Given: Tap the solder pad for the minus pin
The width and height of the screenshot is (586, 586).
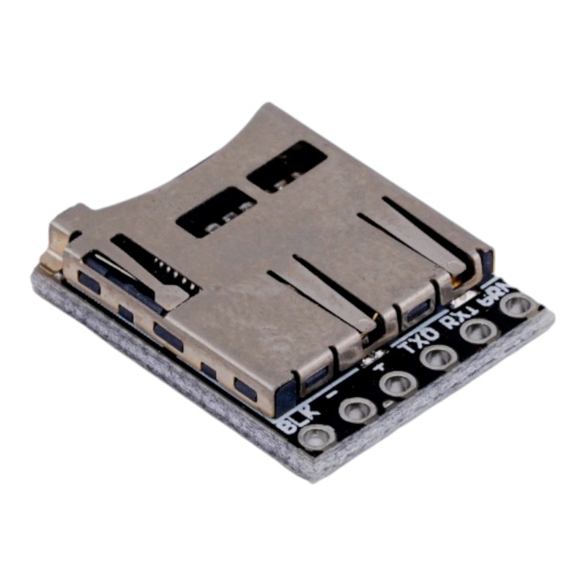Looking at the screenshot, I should click(x=357, y=410).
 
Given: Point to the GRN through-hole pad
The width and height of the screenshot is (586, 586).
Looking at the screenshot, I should click(x=518, y=305).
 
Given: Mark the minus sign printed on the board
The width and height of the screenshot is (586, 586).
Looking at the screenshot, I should click(x=338, y=393).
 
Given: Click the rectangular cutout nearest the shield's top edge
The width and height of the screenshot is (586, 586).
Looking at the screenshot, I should click(x=286, y=166).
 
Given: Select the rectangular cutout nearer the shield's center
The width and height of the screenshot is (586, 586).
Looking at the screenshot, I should click(x=217, y=212).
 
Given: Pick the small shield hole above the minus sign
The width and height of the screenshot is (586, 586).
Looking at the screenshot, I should click(x=317, y=377).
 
